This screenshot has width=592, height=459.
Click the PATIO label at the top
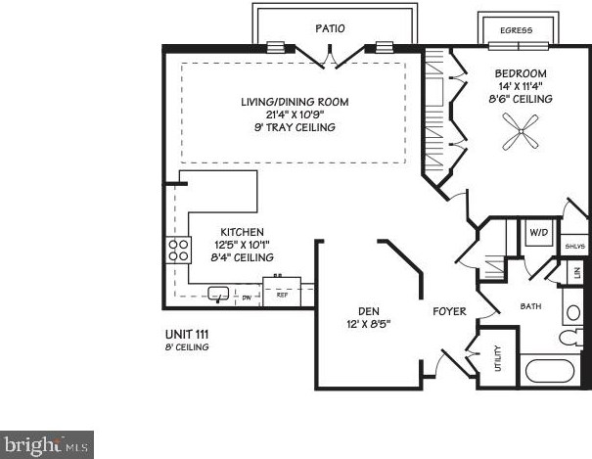click(x=329, y=28)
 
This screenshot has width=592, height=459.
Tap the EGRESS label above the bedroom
click(x=516, y=30)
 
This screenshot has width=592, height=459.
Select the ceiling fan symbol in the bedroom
click(x=521, y=132)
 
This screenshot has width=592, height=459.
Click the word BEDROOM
click(x=521, y=73)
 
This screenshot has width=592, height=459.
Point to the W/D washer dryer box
click(x=537, y=233)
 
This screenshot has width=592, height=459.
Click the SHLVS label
click(x=574, y=247)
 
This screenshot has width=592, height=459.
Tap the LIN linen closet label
click(x=577, y=273)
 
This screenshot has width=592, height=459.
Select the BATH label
click(x=530, y=306)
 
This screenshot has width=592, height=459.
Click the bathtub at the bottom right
click(x=550, y=372)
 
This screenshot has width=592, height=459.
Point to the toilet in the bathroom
click(x=571, y=337)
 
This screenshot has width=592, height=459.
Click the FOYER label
click(x=452, y=311)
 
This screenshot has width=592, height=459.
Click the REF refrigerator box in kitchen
click(x=282, y=293)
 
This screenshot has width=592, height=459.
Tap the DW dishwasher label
click(x=247, y=295)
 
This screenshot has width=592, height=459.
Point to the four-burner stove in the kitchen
click(x=179, y=251)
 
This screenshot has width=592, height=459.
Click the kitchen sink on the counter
click(x=217, y=292)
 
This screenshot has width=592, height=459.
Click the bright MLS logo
click(x=47, y=444)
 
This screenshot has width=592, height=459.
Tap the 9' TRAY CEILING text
click(x=295, y=127)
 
